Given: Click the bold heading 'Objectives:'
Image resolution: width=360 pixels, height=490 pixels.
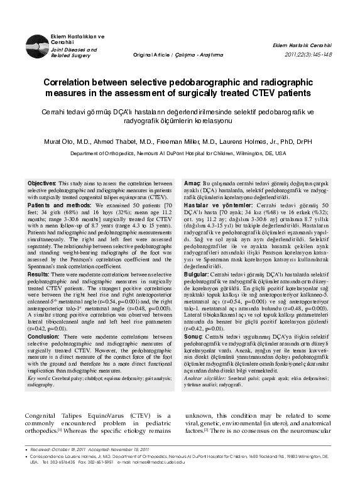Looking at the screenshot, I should click(x=43, y=183).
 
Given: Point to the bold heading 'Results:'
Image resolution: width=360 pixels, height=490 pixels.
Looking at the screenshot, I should click(x=39, y=275).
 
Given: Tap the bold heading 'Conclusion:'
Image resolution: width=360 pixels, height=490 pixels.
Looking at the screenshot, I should click(x=43, y=337).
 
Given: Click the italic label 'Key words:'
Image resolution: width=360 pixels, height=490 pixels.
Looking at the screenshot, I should click(x=39, y=379).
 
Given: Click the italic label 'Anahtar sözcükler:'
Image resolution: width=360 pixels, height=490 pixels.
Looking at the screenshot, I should click(x=204, y=379).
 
